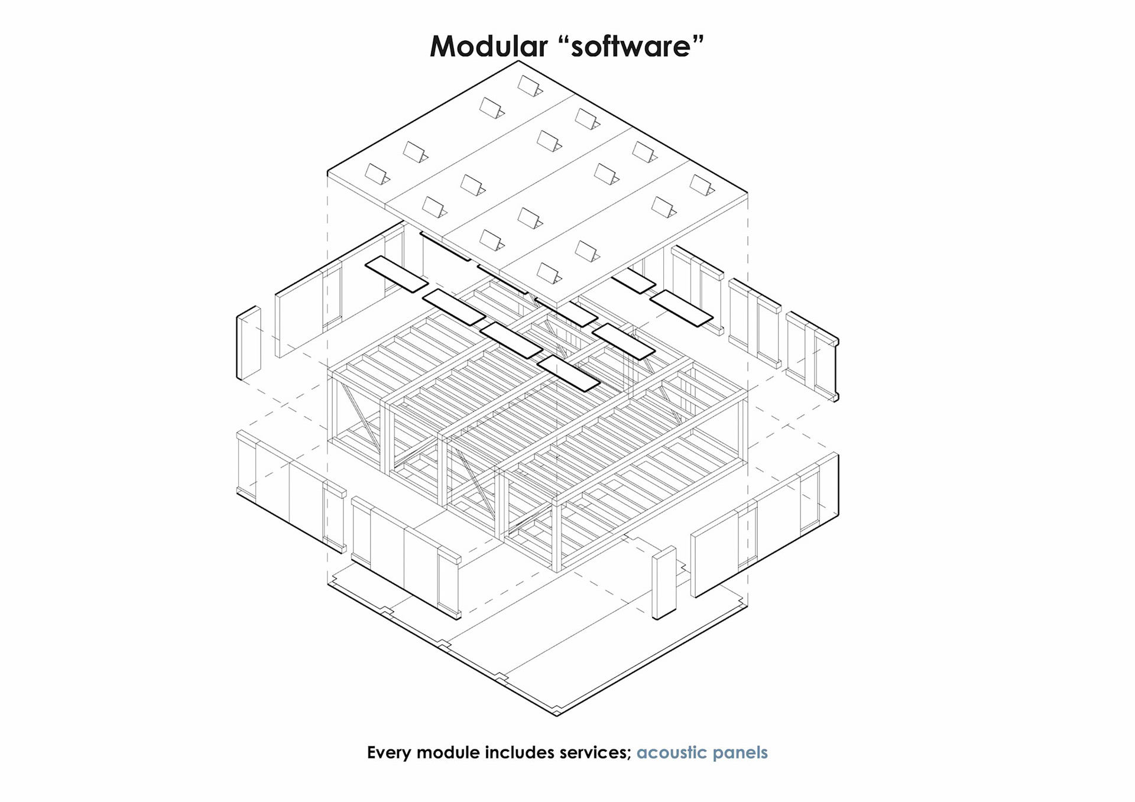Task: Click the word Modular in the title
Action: pyautogui.click(x=488, y=46)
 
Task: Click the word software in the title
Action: pyautogui.click(x=631, y=47)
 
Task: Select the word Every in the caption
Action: pyautogui.click(x=390, y=752)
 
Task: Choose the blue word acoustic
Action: pyautogui.click(x=672, y=752)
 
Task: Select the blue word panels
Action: pyautogui.click(x=740, y=752)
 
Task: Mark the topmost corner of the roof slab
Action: pyautogui.click(x=518, y=61)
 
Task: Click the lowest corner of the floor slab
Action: pyautogui.click(x=557, y=715)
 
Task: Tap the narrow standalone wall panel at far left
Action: pyautogui.click(x=249, y=343)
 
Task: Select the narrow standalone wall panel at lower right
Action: pyautogui.click(x=664, y=583)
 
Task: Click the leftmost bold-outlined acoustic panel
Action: pyautogui.click(x=396, y=274)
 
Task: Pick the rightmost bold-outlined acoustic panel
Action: pyautogui.click(x=682, y=307)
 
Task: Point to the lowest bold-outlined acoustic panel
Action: pyautogui.click(x=569, y=373)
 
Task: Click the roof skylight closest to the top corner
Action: pyautogui.click(x=529, y=86)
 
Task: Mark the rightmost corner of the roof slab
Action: pyautogui.click(x=747, y=193)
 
